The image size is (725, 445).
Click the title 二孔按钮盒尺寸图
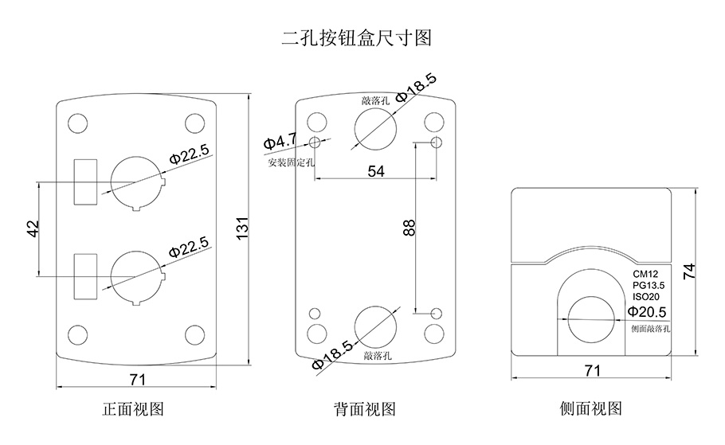(x=356, y=37)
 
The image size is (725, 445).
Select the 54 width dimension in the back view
(x=375, y=171)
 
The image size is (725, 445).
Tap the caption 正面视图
(x=134, y=409)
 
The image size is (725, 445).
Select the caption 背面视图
(x=365, y=409)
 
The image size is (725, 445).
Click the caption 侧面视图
(x=591, y=409)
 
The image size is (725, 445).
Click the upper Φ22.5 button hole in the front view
(x=136, y=182)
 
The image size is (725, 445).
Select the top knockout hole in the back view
(x=374, y=126)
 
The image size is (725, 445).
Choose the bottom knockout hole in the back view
(x=374, y=326)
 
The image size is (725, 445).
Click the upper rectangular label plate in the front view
(x=85, y=182)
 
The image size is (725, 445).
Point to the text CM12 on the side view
(x=646, y=274)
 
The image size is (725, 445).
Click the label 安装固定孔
(x=292, y=162)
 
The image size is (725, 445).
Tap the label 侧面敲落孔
(x=651, y=328)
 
